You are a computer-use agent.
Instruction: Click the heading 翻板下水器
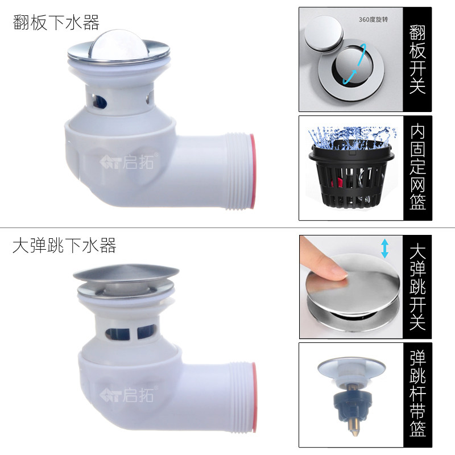click(56, 23)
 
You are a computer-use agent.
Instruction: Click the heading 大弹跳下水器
click(64, 246)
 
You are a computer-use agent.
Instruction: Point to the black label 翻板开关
click(417, 59)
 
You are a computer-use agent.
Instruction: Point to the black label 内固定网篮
click(417, 168)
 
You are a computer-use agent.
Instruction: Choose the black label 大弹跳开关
click(417, 287)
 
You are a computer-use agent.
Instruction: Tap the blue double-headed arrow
click(385, 248)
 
